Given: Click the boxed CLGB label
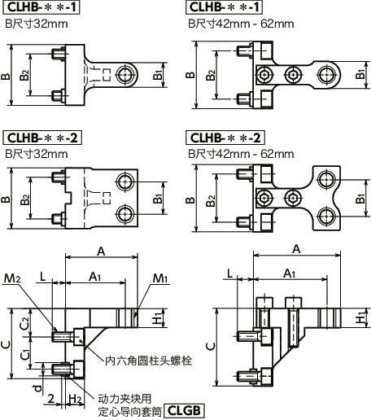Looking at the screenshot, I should (x=184, y=411).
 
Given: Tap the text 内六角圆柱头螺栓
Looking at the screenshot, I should (x=142, y=357).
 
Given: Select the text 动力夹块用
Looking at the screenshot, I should (x=124, y=399).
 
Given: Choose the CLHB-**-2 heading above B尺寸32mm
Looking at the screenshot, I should (x=41, y=138).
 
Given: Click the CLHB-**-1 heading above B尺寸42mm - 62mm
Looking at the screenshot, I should (x=225, y=7).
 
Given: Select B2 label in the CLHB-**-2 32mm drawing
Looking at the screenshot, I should (x=25, y=199).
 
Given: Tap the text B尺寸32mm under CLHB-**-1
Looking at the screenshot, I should (x=36, y=24).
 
